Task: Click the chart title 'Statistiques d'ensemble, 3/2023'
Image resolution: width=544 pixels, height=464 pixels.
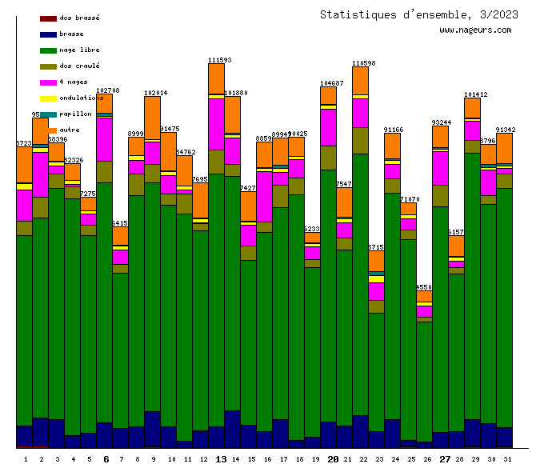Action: pyautogui.click(x=418, y=14)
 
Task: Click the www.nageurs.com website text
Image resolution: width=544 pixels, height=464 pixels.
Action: pyautogui.click(x=475, y=30)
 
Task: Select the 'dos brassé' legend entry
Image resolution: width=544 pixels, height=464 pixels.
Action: pyautogui.click(x=79, y=18)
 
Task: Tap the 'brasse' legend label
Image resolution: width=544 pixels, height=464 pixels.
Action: pyautogui.click(x=71, y=34)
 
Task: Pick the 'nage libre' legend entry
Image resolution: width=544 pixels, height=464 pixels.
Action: pyautogui.click(x=79, y=50)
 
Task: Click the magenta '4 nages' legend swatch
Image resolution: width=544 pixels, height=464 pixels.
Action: pyautogui.click(x=48, y=82)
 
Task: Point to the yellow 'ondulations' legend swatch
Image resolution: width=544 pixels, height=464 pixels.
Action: pyautogui.click(x=48, y=98)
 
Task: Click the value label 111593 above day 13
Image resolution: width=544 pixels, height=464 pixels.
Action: pyautogui.click(x=219, y=60)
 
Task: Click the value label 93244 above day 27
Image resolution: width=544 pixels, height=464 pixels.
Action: pyautogui.click(x=441, y=122)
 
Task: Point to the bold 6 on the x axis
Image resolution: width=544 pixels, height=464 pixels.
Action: pyautogui.click(x=106, y=459)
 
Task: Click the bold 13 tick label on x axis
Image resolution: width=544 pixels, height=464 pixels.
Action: pyautogui.click(x=221, y=459)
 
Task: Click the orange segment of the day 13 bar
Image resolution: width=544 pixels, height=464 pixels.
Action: pyautogui.click(x=216, y=78)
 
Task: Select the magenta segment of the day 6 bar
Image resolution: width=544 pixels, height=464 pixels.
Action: pyautogui.click(x=104, y=139)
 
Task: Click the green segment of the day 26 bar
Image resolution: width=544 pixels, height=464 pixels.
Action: pyautogui.click(x=424, y=380)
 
